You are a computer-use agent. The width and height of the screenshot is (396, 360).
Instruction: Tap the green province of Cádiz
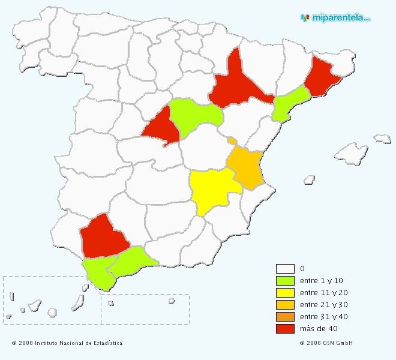(x=97, y=273)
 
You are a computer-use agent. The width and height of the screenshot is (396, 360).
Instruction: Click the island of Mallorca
(x=350, y=155)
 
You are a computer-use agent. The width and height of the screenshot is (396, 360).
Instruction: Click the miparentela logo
(x=335, y=17)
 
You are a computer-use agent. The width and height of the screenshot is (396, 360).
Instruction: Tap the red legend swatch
(x=285, y=328)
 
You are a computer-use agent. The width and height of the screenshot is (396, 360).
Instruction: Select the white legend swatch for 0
(x=285, y=268)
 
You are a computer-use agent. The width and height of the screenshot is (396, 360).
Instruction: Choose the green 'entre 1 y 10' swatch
(x=285, y=280)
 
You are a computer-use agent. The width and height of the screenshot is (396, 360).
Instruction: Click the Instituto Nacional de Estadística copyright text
(x=67, y=343)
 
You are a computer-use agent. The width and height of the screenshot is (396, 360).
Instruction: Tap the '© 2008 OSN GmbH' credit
(x=326, y=343)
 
